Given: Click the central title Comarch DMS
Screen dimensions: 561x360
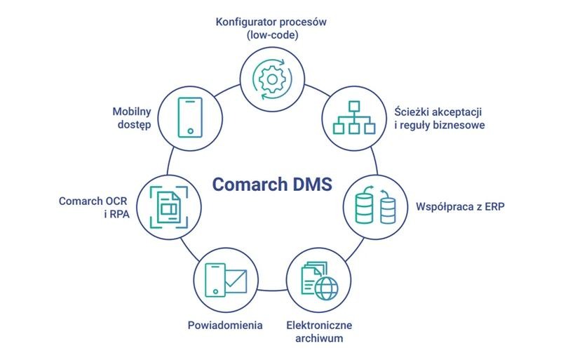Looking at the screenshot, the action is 272,185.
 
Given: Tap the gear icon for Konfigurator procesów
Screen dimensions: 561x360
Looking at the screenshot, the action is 272,79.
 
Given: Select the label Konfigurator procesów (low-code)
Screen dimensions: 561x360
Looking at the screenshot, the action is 271,28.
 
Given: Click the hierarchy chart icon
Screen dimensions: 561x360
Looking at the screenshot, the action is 354,117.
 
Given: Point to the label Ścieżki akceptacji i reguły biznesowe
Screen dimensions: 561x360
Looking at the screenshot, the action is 440,118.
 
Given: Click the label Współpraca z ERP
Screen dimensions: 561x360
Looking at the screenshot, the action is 460,207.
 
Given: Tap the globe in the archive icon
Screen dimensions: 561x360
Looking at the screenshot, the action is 326,288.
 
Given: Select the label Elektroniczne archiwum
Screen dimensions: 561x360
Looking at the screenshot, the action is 319,332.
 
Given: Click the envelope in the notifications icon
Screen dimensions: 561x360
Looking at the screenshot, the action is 236,281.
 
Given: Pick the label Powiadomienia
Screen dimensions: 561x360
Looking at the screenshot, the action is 225,325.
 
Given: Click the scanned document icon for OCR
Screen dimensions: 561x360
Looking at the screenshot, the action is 169,207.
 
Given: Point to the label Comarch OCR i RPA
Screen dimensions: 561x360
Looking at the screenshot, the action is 94,208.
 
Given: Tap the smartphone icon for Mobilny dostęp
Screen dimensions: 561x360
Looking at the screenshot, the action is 190,117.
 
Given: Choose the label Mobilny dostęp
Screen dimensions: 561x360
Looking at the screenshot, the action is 132,118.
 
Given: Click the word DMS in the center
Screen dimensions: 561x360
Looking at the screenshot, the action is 313,185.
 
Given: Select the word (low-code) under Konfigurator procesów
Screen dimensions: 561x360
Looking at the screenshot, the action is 272,35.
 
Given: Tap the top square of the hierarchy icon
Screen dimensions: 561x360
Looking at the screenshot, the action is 354,107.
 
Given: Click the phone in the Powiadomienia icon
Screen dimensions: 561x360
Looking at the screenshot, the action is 215,281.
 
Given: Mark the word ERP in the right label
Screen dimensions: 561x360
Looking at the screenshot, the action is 495,207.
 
